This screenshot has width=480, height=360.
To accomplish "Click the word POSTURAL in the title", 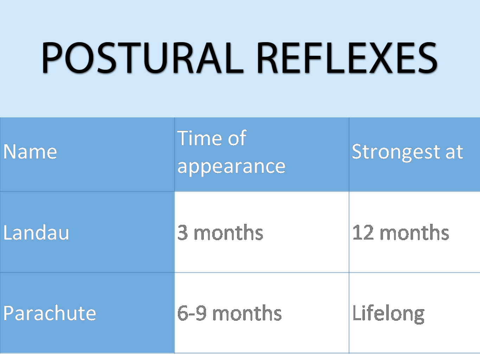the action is click(x=142, y=58).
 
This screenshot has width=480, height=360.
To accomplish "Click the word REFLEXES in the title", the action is click(x=347, y=58).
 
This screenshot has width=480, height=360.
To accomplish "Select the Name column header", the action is click(x=30, y=152).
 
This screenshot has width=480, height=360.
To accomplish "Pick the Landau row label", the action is click(x=36, y=232).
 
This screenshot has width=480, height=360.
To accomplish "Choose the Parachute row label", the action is click(x=50, y=313).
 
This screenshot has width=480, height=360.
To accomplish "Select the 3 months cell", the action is click(x=220, y=233).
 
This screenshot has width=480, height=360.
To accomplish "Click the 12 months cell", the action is click(x=401, y=233).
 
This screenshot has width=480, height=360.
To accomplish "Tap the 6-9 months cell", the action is click(x=229, y=313).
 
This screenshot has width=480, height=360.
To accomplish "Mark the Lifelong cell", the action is click(x=388, y=314).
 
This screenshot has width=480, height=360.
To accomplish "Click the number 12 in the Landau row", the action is click(x=363, y=233).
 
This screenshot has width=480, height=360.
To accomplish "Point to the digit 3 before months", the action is click(x=183, y=233).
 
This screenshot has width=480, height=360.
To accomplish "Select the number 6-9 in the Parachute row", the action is click(x=192, y=313).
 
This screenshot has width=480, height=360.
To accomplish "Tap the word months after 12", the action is click(x=414, y=233).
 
